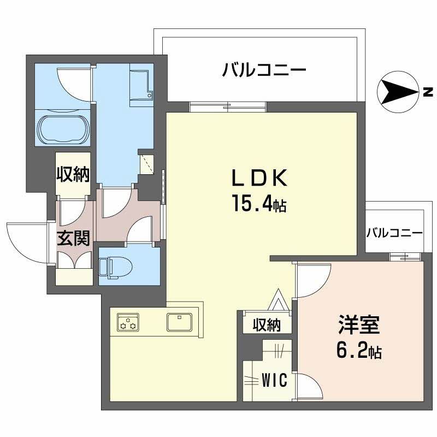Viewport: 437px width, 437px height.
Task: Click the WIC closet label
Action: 274,380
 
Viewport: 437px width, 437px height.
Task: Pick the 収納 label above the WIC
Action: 267,325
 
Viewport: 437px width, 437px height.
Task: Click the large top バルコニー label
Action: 264,70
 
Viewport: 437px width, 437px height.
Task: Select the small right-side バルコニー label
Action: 394,232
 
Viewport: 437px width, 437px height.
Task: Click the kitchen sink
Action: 179,322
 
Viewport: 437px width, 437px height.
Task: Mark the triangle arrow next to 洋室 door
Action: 279,300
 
